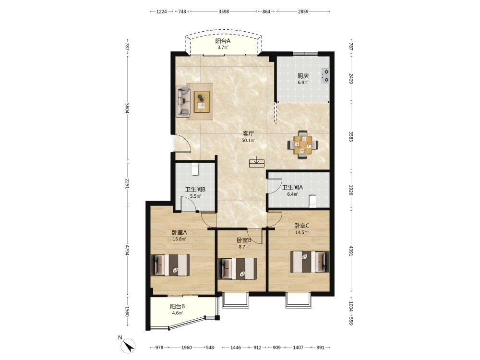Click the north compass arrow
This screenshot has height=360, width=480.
[x=128, y=346]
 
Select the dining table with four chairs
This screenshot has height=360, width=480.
[x=303, y=144]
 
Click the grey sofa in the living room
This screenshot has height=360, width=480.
[x=183, y=101]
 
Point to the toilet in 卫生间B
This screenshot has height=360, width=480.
[x=195, y=169]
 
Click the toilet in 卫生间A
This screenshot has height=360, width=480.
[x=312, y=201]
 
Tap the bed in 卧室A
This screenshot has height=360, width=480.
[x=170, y=265]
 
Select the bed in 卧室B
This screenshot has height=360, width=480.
[x=237, y=268]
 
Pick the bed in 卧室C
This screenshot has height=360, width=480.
[x=310, y=262]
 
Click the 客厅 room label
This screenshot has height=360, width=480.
[x=248, y=134]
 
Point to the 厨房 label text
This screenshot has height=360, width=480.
[x=303, y=76]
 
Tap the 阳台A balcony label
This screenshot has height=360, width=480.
[x=223, y=41]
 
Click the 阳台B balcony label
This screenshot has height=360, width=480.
[x=178, y=306]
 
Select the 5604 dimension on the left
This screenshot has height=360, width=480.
[x=127, y=108]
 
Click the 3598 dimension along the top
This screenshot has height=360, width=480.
[x=224, y=12]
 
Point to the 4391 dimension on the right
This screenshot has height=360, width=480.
[x=351, y=251]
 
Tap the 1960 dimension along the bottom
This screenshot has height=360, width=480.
[x=186, y=348]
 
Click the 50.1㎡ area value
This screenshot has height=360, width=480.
[x=248, y=141]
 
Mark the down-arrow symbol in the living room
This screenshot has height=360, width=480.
[x=257, y=162]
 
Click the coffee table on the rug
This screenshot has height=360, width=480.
[x=202, y=102]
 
